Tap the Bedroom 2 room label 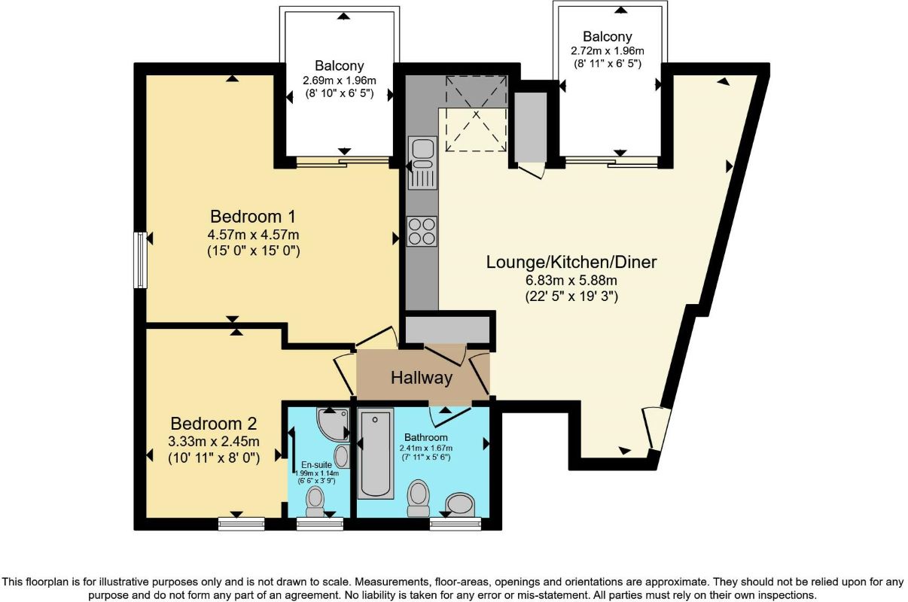pos(214,422)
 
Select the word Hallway pos(421,378)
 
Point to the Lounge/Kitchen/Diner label pos(571,262)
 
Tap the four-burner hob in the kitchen pos(422,230)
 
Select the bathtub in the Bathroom pos(376,453)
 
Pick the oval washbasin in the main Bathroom pos(460,504)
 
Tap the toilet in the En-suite pos(315,501)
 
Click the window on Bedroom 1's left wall pos(140,260)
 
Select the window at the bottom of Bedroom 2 pos(241,524)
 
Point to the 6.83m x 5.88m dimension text pos(571,280)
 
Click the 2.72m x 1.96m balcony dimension pos(606,51)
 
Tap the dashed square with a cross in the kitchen pos(474,114)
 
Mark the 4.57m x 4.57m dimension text pos(254,235)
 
